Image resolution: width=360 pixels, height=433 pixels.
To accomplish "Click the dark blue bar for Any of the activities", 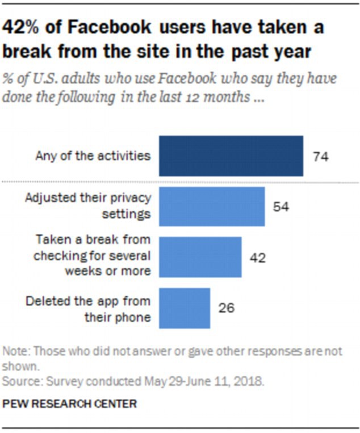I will [231, 155].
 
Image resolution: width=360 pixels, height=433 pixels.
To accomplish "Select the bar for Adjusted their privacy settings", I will [212, 207].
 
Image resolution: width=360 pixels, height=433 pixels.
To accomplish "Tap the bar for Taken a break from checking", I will [200, 257].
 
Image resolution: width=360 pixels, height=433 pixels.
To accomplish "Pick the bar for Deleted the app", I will [185, 308].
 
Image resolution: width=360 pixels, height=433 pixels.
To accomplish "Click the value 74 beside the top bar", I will [321, 156].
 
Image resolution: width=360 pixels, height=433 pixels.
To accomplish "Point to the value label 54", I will [281, 207].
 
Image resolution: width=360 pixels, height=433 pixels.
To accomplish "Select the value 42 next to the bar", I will [257, 258].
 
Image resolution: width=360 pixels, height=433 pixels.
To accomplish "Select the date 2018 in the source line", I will [251, 381].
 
